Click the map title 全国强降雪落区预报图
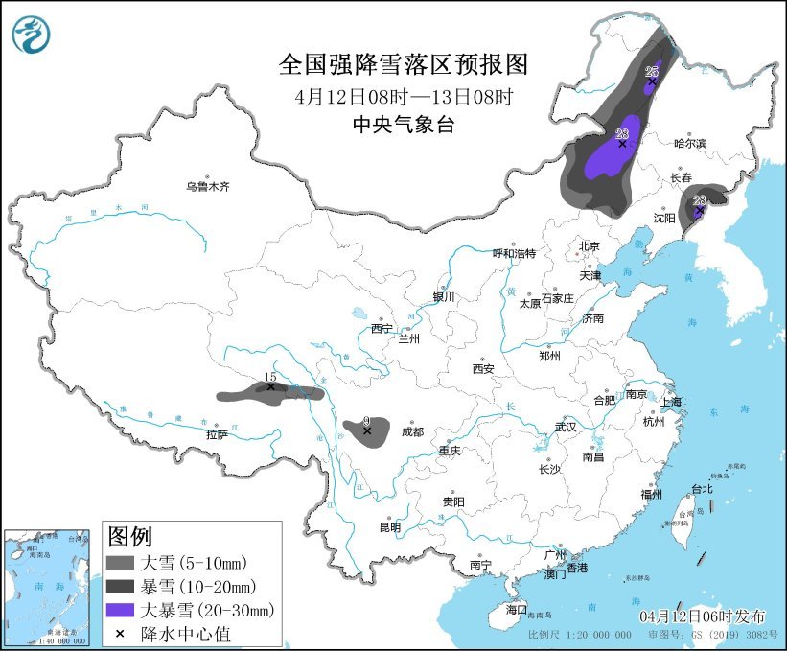403,65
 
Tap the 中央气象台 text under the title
403,124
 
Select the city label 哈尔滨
689,143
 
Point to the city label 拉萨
217,434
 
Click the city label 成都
413,431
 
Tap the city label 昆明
390,526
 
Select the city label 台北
702,488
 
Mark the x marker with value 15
270,387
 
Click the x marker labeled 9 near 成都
367,431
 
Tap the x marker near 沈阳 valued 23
699,209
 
